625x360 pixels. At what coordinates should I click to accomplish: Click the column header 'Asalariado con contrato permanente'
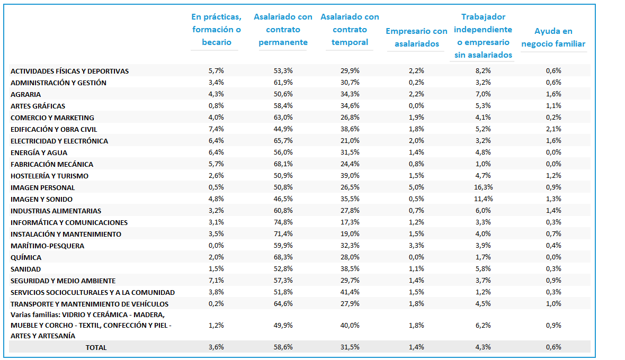click(x=283, y=30)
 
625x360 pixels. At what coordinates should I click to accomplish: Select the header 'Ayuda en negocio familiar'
click(x=553, y=38)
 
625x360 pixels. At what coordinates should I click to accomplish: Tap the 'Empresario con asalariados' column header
click(x=416, y=38)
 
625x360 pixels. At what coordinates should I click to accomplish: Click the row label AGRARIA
click(x=25, y=94)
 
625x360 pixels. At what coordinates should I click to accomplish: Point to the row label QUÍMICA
click(x=26, y=258)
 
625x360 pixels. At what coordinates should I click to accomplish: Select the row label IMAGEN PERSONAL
click(x=43, y=187)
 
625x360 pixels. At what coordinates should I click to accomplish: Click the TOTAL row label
click(x=96, y=348)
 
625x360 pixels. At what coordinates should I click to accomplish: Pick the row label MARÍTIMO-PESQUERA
click(x=48, y=246)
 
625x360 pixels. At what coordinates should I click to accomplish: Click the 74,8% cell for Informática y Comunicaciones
click(x=283, y=222)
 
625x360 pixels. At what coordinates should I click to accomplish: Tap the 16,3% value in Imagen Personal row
click(x=483, y=187)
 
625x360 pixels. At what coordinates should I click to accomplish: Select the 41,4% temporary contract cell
click(x=350, y=292)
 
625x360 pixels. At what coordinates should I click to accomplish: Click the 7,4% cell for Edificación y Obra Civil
click(x=216, y=129)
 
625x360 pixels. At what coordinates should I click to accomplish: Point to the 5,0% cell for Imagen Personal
click(x=416, y=187)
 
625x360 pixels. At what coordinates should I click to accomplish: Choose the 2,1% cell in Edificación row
click(x=553, y=129)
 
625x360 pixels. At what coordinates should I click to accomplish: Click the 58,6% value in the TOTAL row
click(x=283, y=347)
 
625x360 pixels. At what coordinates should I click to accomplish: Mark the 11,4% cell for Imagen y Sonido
click(x=483, y=199)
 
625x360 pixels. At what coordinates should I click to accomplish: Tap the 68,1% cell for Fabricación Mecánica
click(x=283, y=164)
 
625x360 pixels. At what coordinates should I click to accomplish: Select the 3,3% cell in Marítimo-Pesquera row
click(x=416, y=245)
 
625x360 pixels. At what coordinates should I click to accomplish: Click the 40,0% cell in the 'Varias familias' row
click(x=350, y=326)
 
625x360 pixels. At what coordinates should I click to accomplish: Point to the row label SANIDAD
click(x=25, y=269)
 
